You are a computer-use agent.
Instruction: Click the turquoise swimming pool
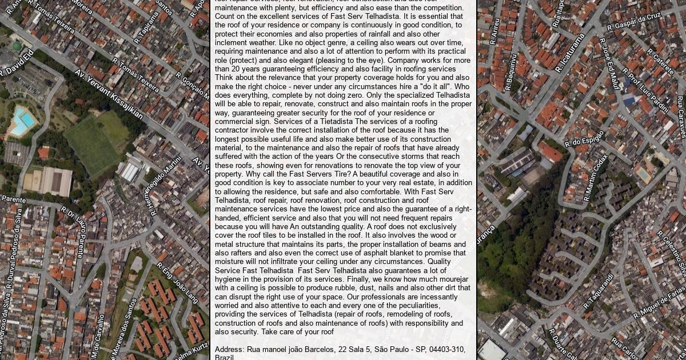pos(23,122)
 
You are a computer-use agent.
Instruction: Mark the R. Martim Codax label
pos(596,178)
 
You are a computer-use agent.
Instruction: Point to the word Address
pos(229,349)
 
